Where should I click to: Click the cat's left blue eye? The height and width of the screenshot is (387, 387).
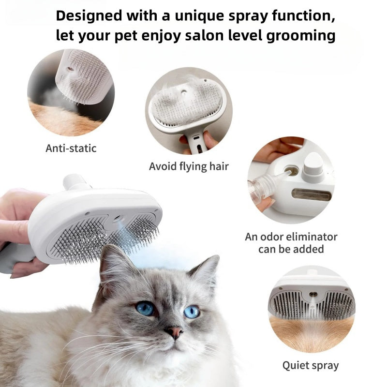(145, 308)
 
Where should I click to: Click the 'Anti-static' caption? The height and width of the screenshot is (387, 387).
(71, 148)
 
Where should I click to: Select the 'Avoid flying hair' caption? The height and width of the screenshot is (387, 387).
(189, 166)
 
